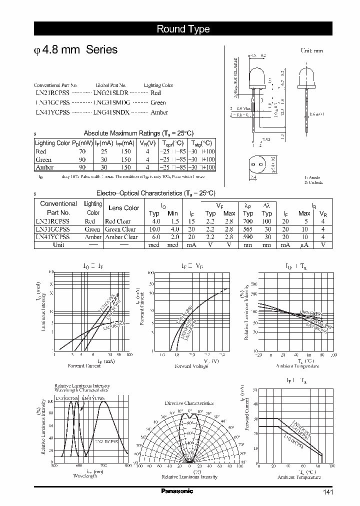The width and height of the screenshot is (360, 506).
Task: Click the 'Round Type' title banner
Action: click(183, 29)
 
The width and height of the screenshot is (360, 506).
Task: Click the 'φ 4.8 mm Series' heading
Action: click(75, 50)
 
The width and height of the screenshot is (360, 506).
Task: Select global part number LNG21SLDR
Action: click(111, 93)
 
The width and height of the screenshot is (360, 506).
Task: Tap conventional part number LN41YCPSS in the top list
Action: click(53, 112)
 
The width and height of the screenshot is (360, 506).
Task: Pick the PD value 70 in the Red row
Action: click(82, 151)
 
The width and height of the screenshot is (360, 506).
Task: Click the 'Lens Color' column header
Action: click(123, 208)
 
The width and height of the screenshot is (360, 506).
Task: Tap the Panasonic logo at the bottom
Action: click(176, 491)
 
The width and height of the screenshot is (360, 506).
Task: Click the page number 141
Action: click(327, 492)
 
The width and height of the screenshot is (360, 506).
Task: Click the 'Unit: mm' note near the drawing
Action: click(311, 51)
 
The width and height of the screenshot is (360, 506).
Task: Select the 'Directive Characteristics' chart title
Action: click(189, 403)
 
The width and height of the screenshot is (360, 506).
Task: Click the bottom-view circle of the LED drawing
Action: click(257, 165)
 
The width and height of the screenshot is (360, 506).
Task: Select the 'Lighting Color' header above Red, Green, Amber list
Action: click(158, 85)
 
